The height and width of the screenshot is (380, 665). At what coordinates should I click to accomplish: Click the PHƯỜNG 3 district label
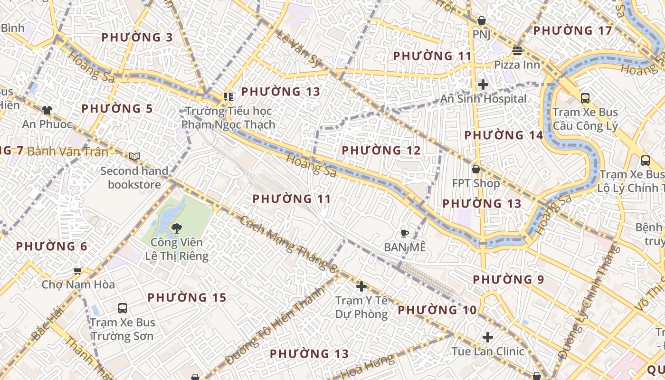coord(137,37)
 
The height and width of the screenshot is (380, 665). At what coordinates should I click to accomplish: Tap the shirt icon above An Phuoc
coord(47,110)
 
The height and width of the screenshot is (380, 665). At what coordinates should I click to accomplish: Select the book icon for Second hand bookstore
coord(134,156)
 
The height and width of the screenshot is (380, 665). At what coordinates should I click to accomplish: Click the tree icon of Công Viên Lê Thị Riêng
coord(177,228)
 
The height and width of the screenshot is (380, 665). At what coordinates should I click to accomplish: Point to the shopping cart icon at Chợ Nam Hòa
coord(78,271)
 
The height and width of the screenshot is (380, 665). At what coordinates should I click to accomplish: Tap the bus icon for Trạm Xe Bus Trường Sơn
coord(123,308)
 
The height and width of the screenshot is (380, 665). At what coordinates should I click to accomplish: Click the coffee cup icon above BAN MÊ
coord(404,233)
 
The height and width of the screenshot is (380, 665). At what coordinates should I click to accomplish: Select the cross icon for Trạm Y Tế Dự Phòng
coord(361,286)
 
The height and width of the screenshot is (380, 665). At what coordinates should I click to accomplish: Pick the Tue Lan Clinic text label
coord(488,351)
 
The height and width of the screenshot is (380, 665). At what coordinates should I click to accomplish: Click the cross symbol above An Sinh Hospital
coord(483,85)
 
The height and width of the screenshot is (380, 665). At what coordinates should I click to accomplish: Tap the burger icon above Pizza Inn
coord(517,50)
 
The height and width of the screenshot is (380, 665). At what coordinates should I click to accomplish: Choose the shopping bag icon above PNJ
coord(482,21)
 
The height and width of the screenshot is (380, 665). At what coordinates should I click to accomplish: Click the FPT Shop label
coord(475,183)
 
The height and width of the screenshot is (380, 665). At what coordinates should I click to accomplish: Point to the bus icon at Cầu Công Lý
coord(585,98)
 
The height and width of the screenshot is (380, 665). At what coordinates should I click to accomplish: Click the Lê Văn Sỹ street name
coord(299,49)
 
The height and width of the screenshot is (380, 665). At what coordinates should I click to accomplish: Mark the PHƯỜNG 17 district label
coord(573,31)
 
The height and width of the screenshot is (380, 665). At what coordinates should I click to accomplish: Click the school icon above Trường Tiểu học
coord(228,97)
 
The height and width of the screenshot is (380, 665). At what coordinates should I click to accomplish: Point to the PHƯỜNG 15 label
coord(187,298)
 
